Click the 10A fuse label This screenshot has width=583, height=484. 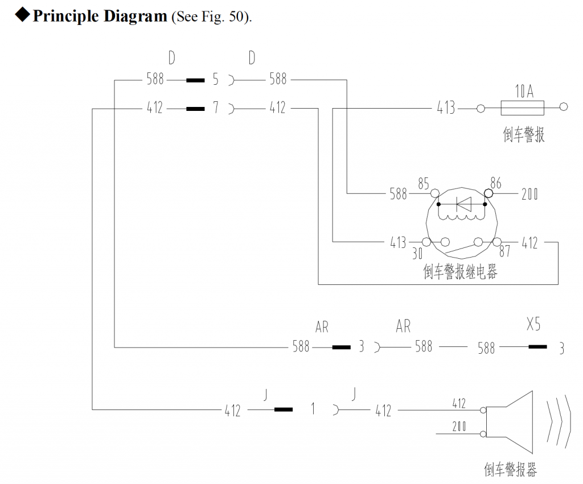click(524, 91)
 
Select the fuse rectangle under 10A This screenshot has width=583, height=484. click(523, 107)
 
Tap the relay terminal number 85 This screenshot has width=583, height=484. click(423, 184)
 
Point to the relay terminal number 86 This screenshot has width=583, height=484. click(495, 182)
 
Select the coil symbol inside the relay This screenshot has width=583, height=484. click(462, 217)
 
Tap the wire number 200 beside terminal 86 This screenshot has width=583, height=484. click(529, 195)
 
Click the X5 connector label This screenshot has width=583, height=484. click(533, 325)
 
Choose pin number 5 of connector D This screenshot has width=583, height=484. click(216, 80)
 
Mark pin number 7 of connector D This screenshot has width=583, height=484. click(216, 107)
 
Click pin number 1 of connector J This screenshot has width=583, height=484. click(313, 409)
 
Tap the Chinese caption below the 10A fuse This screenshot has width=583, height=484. click(524, 135)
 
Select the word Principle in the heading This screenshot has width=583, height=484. click(64, 16)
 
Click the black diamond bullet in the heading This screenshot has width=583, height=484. click(22, 15)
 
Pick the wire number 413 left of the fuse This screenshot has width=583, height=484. click(446, 107)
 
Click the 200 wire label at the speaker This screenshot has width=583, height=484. click(459, 427)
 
